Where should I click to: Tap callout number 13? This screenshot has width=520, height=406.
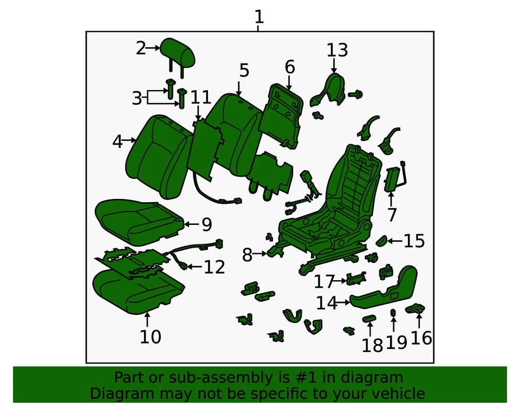pyautogui.click(x=336, y=50)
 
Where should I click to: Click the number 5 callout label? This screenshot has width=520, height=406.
pyautogui.click(x=244, y=70)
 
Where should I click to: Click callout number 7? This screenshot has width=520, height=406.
pyautogui.click(x=392, y=215)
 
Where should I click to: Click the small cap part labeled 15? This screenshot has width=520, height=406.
pyautogui.click(x=381, y=240)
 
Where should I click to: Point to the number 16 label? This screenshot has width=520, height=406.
pyautogui.click(x=421, y=338)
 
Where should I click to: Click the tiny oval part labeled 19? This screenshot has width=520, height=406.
pyautogui.click(x=394, y=313)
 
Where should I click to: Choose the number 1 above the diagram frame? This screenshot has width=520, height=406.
pyautogui.click(x=259, y=16)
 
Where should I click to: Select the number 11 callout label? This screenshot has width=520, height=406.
pyautogui.click(x=200, y=98)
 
